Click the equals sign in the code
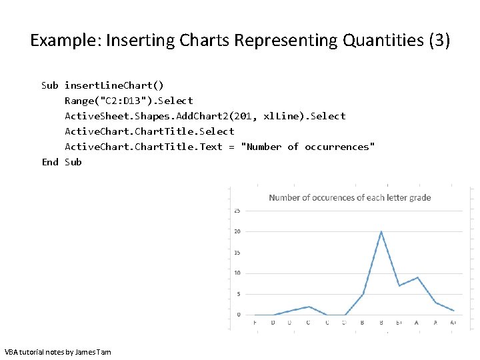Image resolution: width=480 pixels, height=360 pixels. point(231,147)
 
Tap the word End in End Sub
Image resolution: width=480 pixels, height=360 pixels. point(50,162)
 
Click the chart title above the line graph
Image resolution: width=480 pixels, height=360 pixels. point(349,197)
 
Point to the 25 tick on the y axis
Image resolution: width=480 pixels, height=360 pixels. point(237,211)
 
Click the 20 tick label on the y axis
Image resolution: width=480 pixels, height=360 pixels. point(237,231)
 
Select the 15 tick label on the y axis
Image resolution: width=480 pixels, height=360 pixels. point(237,252)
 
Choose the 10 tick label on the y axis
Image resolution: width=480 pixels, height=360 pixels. point(237,273)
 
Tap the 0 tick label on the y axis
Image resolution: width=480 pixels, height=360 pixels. point(238,314)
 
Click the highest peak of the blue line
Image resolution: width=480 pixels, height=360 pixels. point(381,232)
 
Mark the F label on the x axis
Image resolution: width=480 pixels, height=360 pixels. point(255,323)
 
